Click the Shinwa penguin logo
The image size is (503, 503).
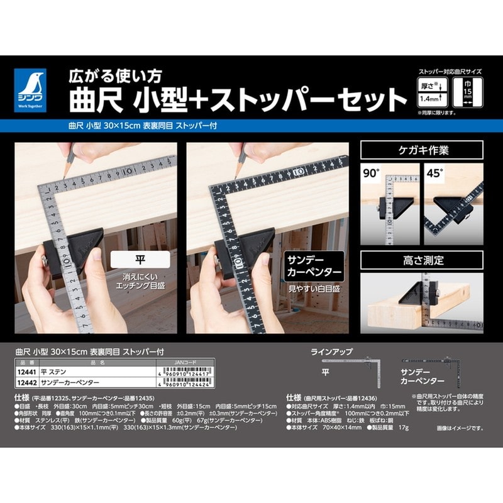(34, 90)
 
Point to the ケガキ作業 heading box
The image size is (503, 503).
(421, 150)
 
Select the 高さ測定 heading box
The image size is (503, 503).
(421, 258)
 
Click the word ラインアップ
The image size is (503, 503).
(331, 353)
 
